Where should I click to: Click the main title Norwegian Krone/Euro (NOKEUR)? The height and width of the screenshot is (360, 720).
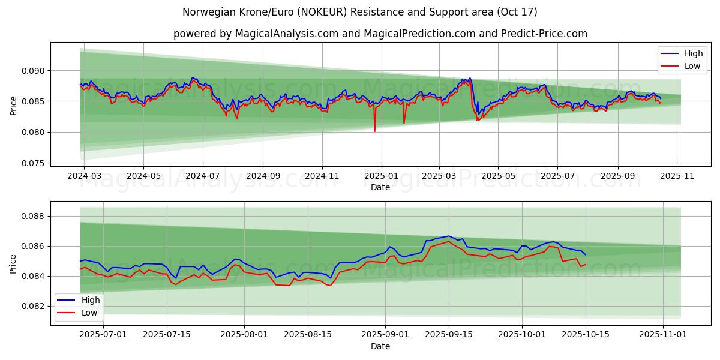pos(359,12)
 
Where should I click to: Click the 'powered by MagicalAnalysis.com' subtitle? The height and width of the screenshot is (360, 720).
pos(380,34)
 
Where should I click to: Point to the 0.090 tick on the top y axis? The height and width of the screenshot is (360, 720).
pos(34,71)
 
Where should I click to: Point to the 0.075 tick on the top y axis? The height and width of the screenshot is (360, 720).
pos(34,163)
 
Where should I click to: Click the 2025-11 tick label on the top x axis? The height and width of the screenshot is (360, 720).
pos(677,176)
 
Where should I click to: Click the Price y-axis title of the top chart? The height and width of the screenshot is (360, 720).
pos(14,106)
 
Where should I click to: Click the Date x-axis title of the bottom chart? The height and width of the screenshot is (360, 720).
pos(380,346)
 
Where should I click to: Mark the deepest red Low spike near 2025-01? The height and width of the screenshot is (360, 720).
pos(374,131)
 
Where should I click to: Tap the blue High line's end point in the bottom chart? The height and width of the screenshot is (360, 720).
pos(586,254)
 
